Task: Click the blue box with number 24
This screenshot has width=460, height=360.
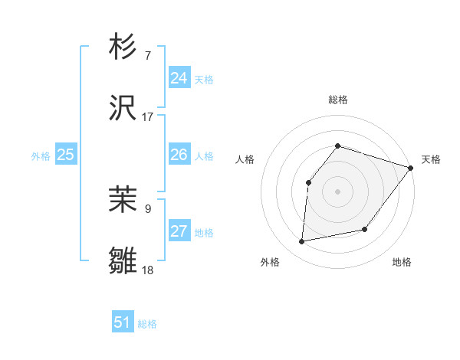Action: pos(179,77)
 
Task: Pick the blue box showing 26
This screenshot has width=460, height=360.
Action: pos(179,155)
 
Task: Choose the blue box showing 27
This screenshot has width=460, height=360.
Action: pos(179,231)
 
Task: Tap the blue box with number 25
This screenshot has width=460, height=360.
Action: pos(66,155)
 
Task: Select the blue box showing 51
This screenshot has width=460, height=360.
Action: pos(123,322)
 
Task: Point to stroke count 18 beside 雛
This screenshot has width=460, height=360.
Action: pos(147,270)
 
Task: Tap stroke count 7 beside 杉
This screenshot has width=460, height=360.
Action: pos(147,55)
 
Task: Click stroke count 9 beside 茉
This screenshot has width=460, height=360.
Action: pos(147,208)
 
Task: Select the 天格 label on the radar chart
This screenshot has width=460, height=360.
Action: pos(431,159)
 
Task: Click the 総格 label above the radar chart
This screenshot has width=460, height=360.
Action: pos(338,100)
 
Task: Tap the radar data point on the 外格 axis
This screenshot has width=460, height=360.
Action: pos(302,241)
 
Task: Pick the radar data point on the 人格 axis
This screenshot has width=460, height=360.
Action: pos(308,182)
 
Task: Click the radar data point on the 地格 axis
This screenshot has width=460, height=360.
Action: pos(366,229)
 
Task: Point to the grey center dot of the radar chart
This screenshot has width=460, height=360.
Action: pos(337,191)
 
